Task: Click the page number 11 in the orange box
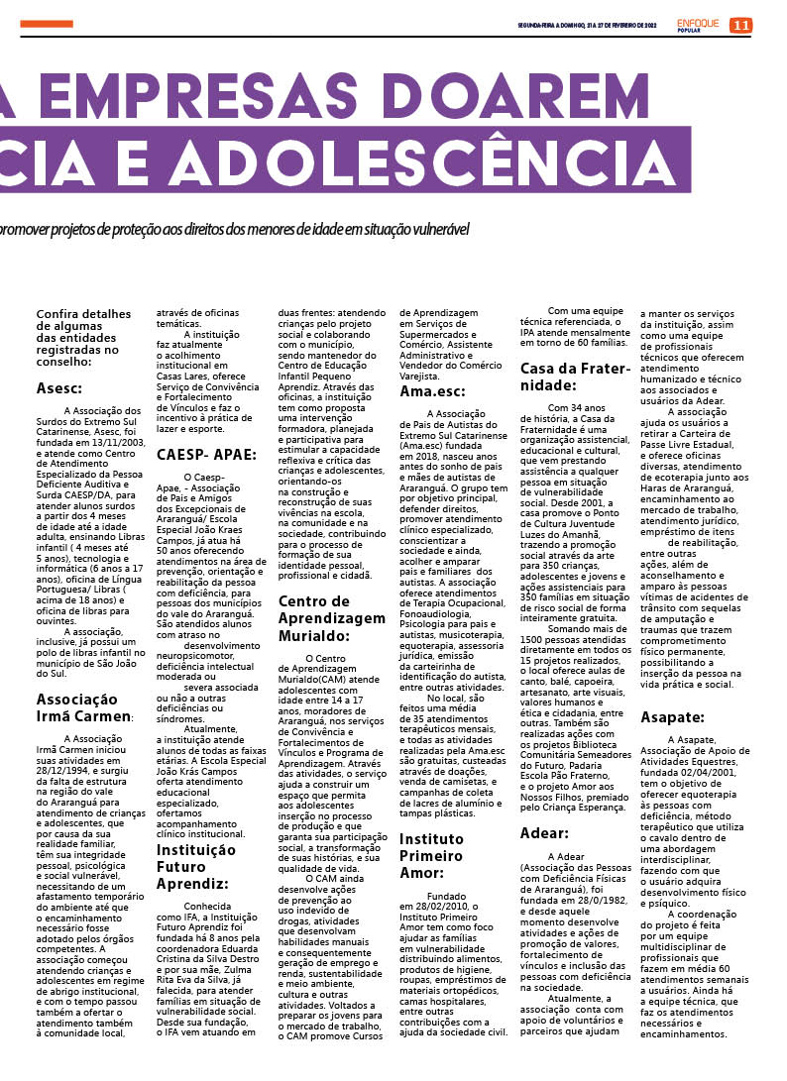click(x=740, y=25)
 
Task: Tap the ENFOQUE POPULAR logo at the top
click(x=700, y=25)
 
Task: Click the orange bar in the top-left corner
click(x=46, y=23)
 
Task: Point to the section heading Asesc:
click(x=59, y=388)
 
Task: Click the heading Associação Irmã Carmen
click(x=84, y=707)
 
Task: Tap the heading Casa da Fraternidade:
click(x=575, y=377)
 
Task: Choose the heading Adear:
click(x=544, y=832)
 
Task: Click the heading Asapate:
click(x=672, y=716)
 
